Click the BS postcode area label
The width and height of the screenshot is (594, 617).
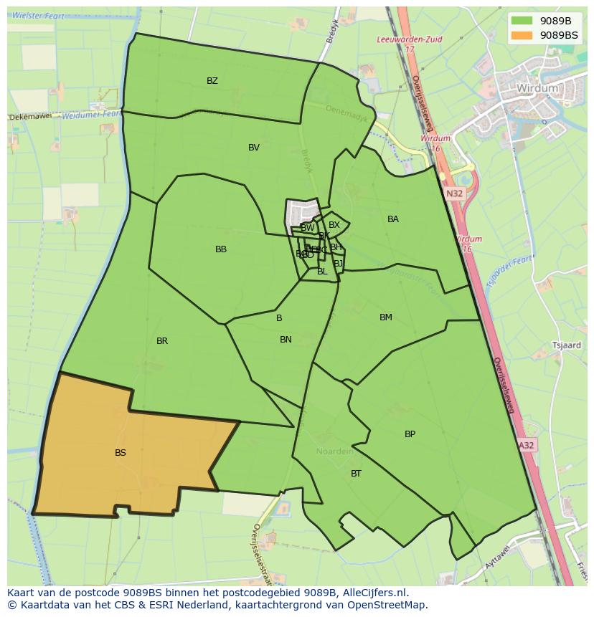pos(121,453)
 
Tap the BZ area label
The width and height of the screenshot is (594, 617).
pos(212,81)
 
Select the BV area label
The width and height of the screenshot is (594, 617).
pos(254,148)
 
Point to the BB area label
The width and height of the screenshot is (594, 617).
pos(221,249)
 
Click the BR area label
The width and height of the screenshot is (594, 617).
pos(162,341)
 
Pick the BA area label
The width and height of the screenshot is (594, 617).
pos(393,219)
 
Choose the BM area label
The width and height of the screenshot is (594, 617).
pos(386,317)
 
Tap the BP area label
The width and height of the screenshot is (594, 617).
pos(410,434)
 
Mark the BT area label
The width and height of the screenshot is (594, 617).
pos(356,474)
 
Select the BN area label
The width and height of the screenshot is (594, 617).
pos(286,340)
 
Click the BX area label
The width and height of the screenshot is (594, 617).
pos(334,225)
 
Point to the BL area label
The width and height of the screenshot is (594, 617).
pos(322,272)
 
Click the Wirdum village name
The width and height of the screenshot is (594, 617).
pos(537,88)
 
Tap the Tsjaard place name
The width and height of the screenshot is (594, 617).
pos(567,345)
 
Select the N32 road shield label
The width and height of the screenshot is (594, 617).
pos(454,193)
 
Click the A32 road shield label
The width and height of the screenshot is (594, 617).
pos(527,445)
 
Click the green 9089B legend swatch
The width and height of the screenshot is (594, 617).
pos(522,21)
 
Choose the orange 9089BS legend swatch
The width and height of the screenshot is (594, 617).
pos(522,35)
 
